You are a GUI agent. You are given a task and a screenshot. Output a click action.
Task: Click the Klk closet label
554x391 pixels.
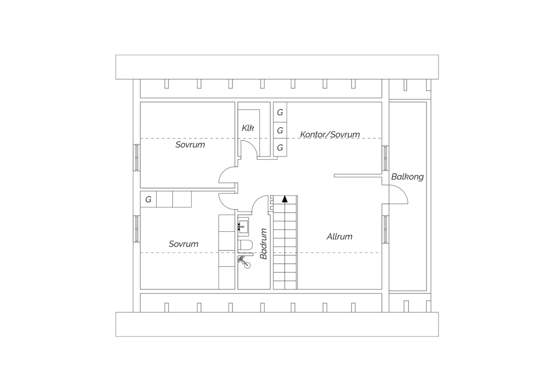[x=248, y=128]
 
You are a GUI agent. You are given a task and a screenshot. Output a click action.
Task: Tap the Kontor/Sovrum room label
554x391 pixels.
[x=330, y=134]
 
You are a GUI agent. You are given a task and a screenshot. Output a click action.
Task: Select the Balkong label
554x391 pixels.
[x=407, y=177]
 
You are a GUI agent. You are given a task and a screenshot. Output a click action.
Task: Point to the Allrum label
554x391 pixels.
[x=339, y=236]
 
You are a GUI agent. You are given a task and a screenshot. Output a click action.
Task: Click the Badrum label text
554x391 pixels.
[x=264, y=243]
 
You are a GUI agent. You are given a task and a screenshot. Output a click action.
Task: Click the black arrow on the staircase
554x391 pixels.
[x=285, y=199]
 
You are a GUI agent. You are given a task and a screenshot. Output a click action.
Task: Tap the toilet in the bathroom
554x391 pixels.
[x=246, y=245]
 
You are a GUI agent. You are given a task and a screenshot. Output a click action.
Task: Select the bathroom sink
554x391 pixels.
[x=243, y=227]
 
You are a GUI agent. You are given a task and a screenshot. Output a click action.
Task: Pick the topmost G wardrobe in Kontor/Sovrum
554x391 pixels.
[x=280, y=112]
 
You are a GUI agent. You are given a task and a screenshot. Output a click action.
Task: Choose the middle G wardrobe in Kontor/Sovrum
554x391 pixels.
[x=280, y=130]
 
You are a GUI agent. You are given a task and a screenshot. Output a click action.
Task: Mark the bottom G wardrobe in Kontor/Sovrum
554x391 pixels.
[x=280, y=148]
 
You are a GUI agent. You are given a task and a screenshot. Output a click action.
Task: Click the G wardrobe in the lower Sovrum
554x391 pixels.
[x=148, y=199]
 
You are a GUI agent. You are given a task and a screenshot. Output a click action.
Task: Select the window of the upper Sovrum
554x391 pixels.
[x=137, y=158]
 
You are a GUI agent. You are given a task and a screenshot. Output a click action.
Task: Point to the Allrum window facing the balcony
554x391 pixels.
[x=385, y=229]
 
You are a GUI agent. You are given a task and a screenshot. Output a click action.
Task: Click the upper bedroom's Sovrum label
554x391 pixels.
[x=190, y=145]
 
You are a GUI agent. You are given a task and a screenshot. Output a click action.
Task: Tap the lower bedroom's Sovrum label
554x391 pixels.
[x=184, y=244]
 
